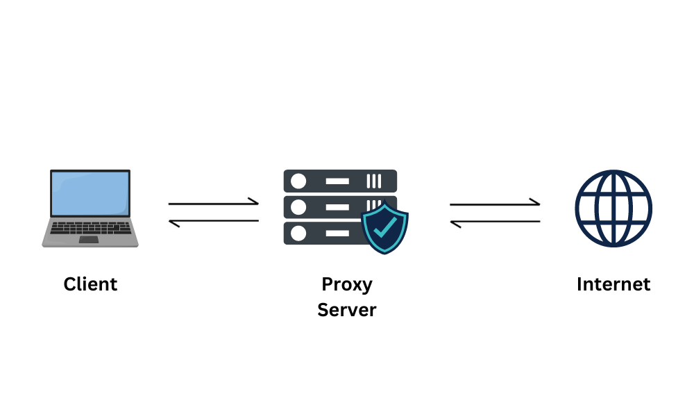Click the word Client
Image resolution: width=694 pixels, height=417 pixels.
coord(90,284)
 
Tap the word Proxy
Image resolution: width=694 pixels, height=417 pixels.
coord(347,284)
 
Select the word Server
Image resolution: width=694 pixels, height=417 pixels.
coord(347,310)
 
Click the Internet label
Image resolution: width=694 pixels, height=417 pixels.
coord(613,284)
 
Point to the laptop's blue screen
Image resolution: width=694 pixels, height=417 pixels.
coord(90,193)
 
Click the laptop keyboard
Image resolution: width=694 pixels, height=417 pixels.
coord(90,228)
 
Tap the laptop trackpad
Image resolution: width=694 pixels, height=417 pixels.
coord(89,240)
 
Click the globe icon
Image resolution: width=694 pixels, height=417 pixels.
coord(613,208)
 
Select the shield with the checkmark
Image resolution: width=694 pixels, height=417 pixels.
coord(384,227)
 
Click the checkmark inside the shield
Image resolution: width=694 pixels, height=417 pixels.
coord(384,226)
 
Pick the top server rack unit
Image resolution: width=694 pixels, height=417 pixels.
coord(340,181)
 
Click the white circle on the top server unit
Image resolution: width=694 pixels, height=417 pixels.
coord(298,181)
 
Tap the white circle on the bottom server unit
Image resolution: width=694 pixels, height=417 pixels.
coord(298,233)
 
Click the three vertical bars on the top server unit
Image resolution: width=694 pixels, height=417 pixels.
coord(374,181)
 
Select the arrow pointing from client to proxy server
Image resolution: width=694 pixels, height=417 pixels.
coord(214,203)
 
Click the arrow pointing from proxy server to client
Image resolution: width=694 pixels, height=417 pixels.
coord(214,222)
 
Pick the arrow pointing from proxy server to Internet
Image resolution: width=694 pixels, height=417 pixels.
coord(495,204)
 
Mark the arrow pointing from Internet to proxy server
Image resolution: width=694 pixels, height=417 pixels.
coord(495,222)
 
